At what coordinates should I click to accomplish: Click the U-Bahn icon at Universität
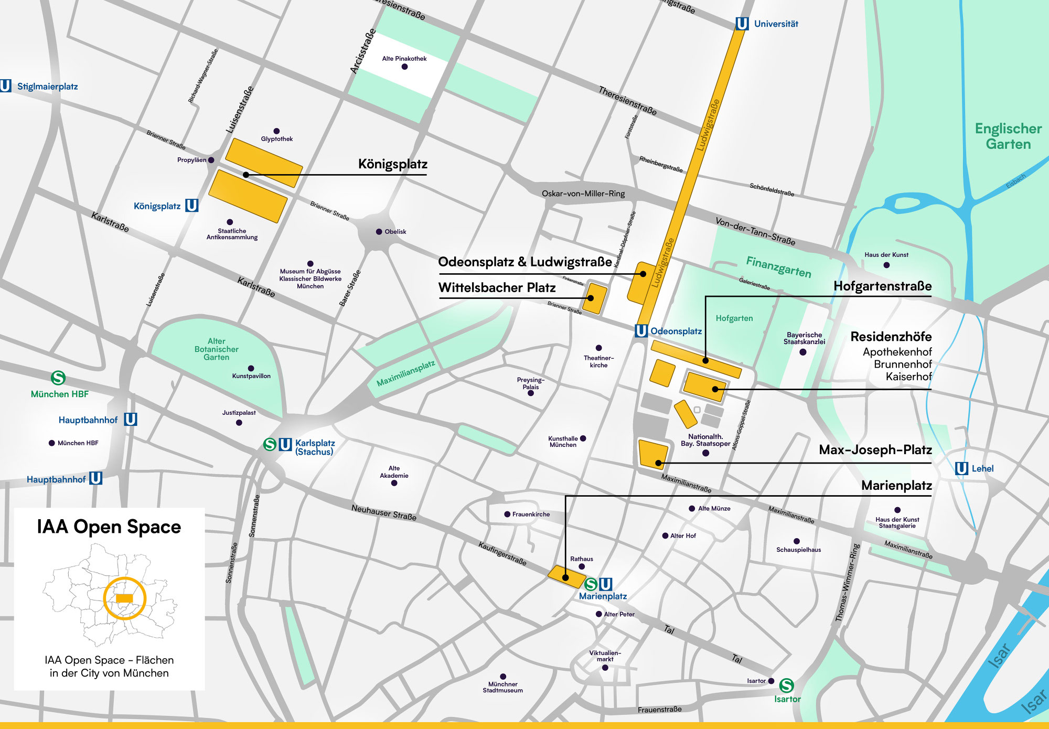pyautogui.click(x=742, y=24)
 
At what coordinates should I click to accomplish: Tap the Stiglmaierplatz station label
pyautogui.click(x=47, y=87)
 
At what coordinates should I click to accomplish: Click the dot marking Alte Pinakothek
pyautogui.click(x=404, y=67)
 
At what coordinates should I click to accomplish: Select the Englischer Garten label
pyautogui.click(x=1008, y=136)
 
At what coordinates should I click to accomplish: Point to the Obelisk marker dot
pyautogui.click(x=379, y=232)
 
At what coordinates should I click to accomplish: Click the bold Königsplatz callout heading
pyautogui.click(x=392, y=164)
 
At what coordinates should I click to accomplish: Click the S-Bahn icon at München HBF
pyautogui.click(x=58, y=378)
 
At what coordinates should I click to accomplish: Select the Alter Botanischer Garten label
pyautogui.click(x=216, y=349)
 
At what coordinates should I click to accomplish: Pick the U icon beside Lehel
pyautogui.click(x=961, y=468)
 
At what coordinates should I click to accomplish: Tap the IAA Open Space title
pyautogui.click(x=109, y=527)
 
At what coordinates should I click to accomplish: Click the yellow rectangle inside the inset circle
pyautogui.click(x=124, y=598)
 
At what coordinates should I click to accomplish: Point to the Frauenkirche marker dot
pyautogui.click(x=507, y=514)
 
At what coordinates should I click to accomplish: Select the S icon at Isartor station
pyautogui.click(x=786, y=685)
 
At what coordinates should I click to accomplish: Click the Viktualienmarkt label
pyautogui.click(x=605, y=656)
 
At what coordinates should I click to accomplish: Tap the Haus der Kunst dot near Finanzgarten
pyautogui.click(x=886, y=265)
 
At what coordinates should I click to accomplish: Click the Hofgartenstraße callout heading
pyautogui.click(x=882, y=286)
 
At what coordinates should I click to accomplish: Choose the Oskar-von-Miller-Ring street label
pyautogui.click(x=583, y=194)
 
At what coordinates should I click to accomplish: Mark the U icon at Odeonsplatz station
pyautogui.click(x=641, y=331)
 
